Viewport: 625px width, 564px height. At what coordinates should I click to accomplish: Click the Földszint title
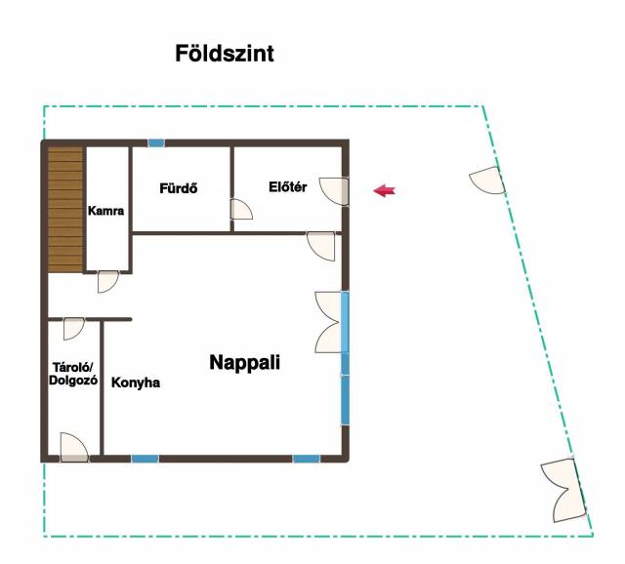point(225,54)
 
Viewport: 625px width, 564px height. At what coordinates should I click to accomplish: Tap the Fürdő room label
point(178,188)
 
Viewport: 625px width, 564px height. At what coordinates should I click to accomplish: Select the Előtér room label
point(287,186)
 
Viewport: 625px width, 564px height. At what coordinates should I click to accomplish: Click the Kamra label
point(105,211)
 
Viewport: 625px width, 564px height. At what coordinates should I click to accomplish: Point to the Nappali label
point(245,362)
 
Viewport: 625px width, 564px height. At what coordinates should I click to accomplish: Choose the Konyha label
point(136,383)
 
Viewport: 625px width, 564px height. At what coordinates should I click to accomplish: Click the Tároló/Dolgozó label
point(73,374)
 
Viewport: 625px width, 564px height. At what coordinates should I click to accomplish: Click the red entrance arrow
point(384,191)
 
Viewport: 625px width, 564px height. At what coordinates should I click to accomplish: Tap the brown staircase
point(65,210)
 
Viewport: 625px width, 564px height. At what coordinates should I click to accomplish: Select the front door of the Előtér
point(334,191)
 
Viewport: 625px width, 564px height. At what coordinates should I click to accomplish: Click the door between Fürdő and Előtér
point(241,210)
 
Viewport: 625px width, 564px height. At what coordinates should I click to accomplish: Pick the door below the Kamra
point(108,282)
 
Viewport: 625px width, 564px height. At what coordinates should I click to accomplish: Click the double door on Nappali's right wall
point(329,322)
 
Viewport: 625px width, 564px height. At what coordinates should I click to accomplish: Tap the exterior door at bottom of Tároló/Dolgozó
point(74,447)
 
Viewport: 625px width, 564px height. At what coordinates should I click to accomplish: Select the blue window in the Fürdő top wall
point(156,143)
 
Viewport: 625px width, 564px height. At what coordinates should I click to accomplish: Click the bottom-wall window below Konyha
point(146,459)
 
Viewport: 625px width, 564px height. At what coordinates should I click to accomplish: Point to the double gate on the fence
point(563,490)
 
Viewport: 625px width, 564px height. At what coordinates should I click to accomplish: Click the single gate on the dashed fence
point(487,181)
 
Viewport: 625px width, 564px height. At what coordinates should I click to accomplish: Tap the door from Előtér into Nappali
point(321,246)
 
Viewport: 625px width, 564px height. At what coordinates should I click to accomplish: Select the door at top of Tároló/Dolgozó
point(74,329)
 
